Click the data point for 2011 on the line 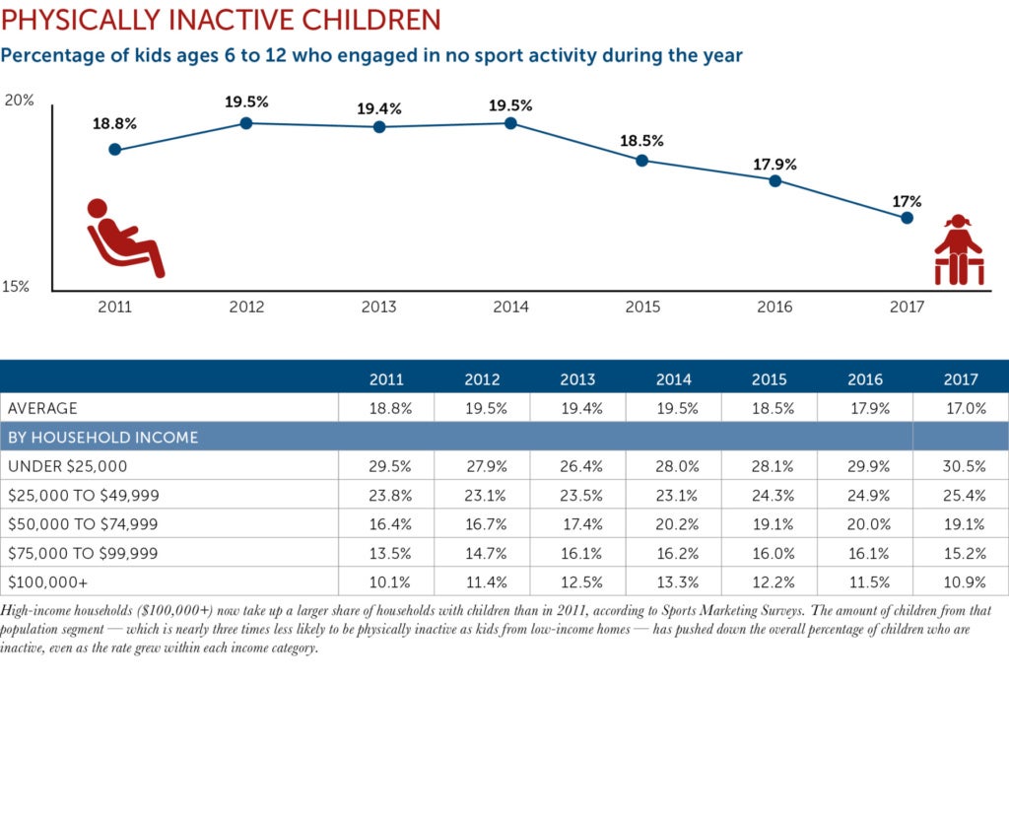click(x=115, y=150)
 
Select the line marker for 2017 click(x=907, y=218)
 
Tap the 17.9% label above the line click(x=775, y=165)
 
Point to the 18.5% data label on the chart click(x=641, y=141)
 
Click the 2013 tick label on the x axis click(x=378, y=307)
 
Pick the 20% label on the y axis click(x=20, y=101)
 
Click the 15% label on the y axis click(x=17, y=287)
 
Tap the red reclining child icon click(x=124, y=238)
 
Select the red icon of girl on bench click(x=958, y=250)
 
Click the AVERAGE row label click(x=42, y=408)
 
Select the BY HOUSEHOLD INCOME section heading click(x=102, y=437)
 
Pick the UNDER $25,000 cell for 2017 click(x=961, y=466)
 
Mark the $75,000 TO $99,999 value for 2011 click(x=386, y=553)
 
